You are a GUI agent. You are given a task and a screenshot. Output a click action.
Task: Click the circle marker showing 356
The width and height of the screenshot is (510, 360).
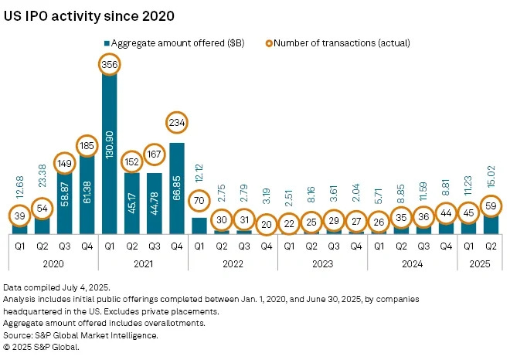(x=109, y=66)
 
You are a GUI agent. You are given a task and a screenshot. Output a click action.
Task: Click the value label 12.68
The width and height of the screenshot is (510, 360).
(x=19, y=185)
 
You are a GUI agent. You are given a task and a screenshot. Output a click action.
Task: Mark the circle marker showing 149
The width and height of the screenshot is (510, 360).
(x=64, y=164)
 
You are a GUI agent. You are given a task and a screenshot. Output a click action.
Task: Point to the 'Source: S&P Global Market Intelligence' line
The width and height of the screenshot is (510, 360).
(x=81, y=337)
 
